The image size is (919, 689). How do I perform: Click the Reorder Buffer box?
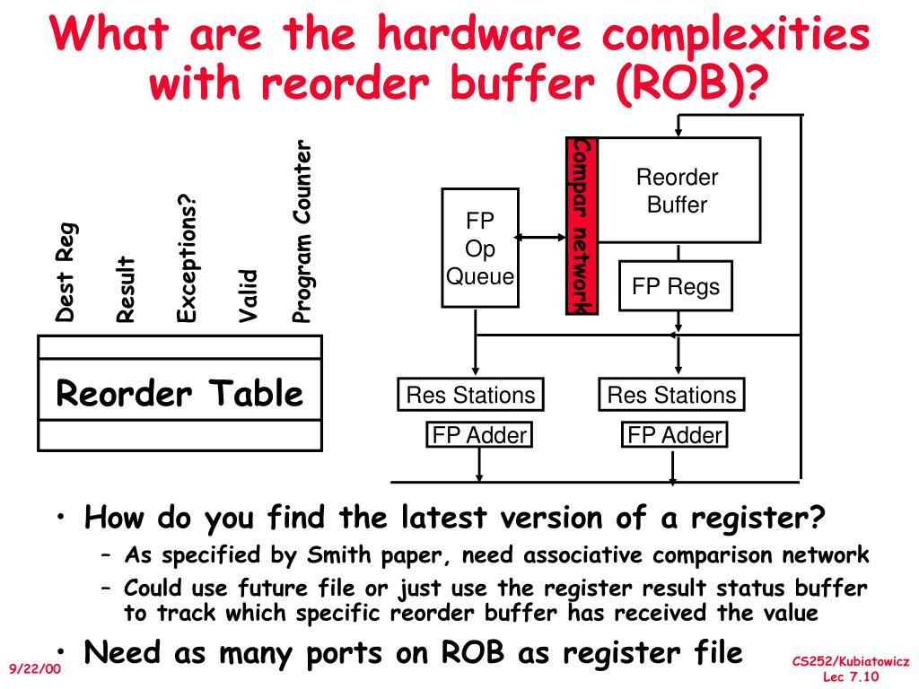(678, 190)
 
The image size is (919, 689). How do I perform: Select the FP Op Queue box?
(480, 248)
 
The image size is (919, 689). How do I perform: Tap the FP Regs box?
(676, 286)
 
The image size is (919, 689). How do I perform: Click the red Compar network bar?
(582, 226)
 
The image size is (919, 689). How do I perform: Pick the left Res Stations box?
(470, 395)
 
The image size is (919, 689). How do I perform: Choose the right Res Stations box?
(671, 395)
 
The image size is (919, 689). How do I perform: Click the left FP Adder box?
(479, 435)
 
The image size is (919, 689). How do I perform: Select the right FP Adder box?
(675, 435)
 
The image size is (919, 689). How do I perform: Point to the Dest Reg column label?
(66, 273)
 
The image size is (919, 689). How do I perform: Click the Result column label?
(126, 289)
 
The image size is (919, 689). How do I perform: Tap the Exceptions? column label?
(187, 258)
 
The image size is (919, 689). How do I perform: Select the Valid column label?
(248, 296)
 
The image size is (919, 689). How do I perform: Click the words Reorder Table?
(179, 393)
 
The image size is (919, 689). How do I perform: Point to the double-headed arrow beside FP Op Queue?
(540, 237)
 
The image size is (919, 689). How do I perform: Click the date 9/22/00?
(35, 668)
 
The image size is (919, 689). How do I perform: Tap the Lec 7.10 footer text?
(851, 676)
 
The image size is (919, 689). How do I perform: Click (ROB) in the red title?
(683, 83)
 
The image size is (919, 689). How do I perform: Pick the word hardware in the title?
(478, 33)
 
